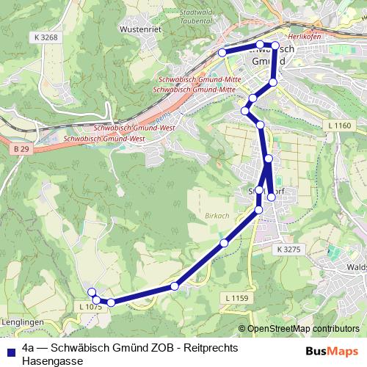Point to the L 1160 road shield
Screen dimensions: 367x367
340,126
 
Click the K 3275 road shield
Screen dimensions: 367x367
288,250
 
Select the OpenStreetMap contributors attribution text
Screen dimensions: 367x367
302,330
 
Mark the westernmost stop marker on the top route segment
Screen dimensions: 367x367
222,52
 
